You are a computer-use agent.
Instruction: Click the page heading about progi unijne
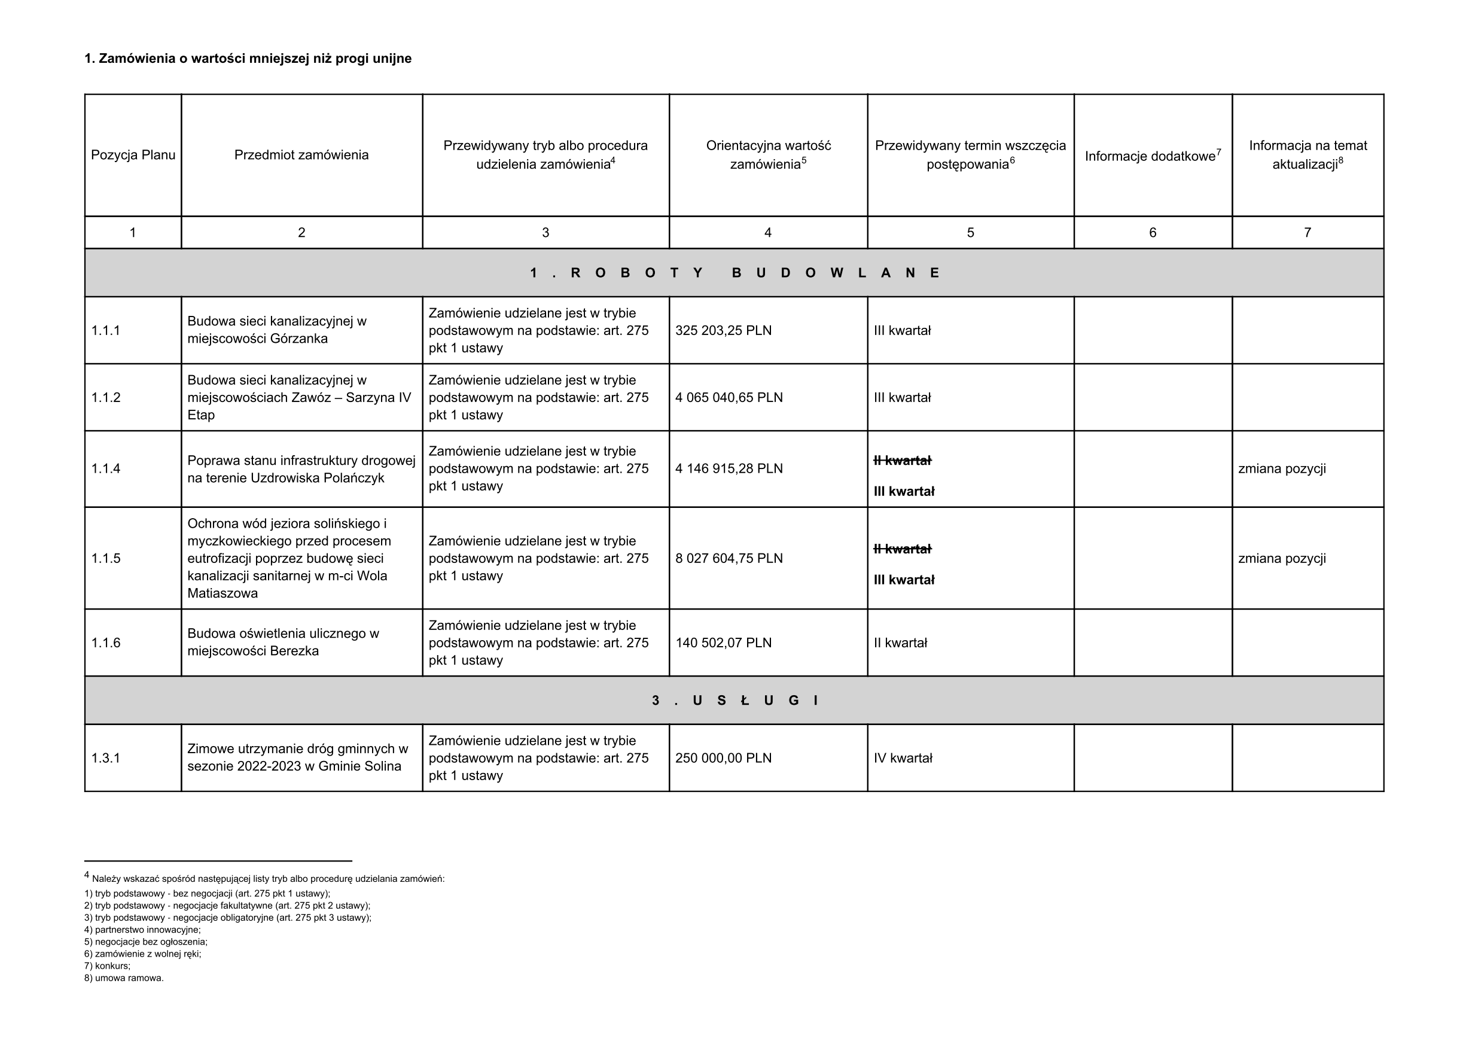point(248,59)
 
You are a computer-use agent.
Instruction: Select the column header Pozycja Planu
point(133,155)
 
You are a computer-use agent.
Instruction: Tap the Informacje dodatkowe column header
point(1153,156)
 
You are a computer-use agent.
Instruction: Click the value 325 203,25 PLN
point(723,331)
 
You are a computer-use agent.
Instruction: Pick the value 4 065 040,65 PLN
point(729,397)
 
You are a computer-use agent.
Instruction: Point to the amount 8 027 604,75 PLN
point(729,558)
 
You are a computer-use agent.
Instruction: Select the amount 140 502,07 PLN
point(723,643)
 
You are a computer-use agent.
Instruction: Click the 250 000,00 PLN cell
point(723,757)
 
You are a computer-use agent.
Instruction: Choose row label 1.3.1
point(105,757)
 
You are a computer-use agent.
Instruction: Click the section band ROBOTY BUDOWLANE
point(734,273)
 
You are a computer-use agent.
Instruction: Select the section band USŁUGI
point(734,701)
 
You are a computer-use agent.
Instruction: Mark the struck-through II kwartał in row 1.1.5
point(902,549)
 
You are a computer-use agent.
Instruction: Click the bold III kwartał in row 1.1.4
point(903,492)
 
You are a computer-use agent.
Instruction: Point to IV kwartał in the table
point(903,757)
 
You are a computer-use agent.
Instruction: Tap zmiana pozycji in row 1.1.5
point(1282,558)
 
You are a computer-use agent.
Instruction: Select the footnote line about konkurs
point(108,966)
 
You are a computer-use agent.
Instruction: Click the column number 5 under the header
point(970,233)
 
